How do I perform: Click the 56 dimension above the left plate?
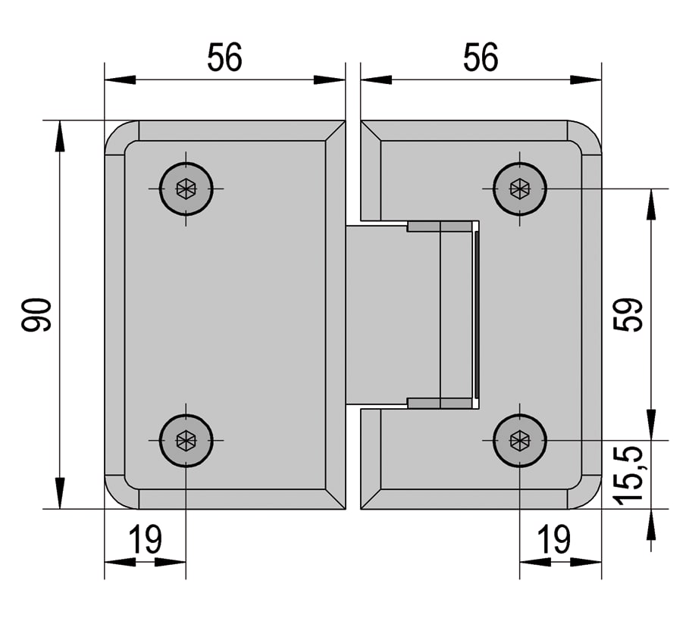[224, 57]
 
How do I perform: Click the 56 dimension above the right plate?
[481, 57]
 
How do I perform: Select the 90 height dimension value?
[36, 314]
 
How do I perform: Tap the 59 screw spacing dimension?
[628, 314]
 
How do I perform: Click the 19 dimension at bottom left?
[145, 539]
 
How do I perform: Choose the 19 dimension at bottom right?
[555, 539]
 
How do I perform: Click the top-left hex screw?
[186, 189]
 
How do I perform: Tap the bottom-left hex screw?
[186, 440]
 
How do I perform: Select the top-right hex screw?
[520, 189]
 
